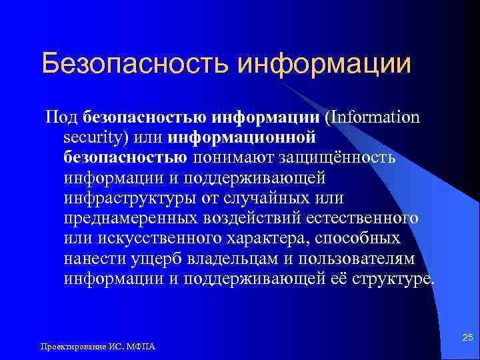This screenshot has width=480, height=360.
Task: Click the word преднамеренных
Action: pyautogui.click(x=130, y=218)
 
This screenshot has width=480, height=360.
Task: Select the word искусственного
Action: pyautogui.click(x=157, y=238)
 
